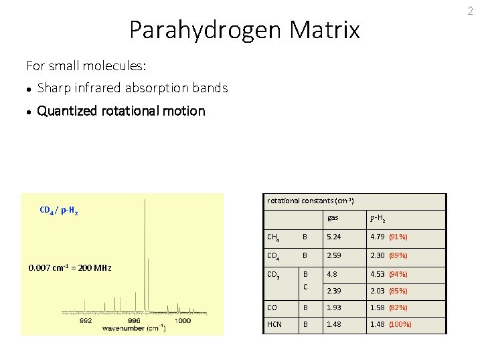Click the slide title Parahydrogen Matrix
coord(244,30)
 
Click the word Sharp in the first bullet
coord(52,88)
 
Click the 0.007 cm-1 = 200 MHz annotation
coord(70,268)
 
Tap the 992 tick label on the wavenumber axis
coord(86,320)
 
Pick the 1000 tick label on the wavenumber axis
coord(182,320)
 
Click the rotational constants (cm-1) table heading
coord(310,201)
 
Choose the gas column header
coord(333,218)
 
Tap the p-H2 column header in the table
coord(377,218)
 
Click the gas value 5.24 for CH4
coord(333,237)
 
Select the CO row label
coord(272,308)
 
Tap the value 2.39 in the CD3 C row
coord(333,291)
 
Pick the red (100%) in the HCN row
coord(400,324)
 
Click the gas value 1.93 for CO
coord(333,308)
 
